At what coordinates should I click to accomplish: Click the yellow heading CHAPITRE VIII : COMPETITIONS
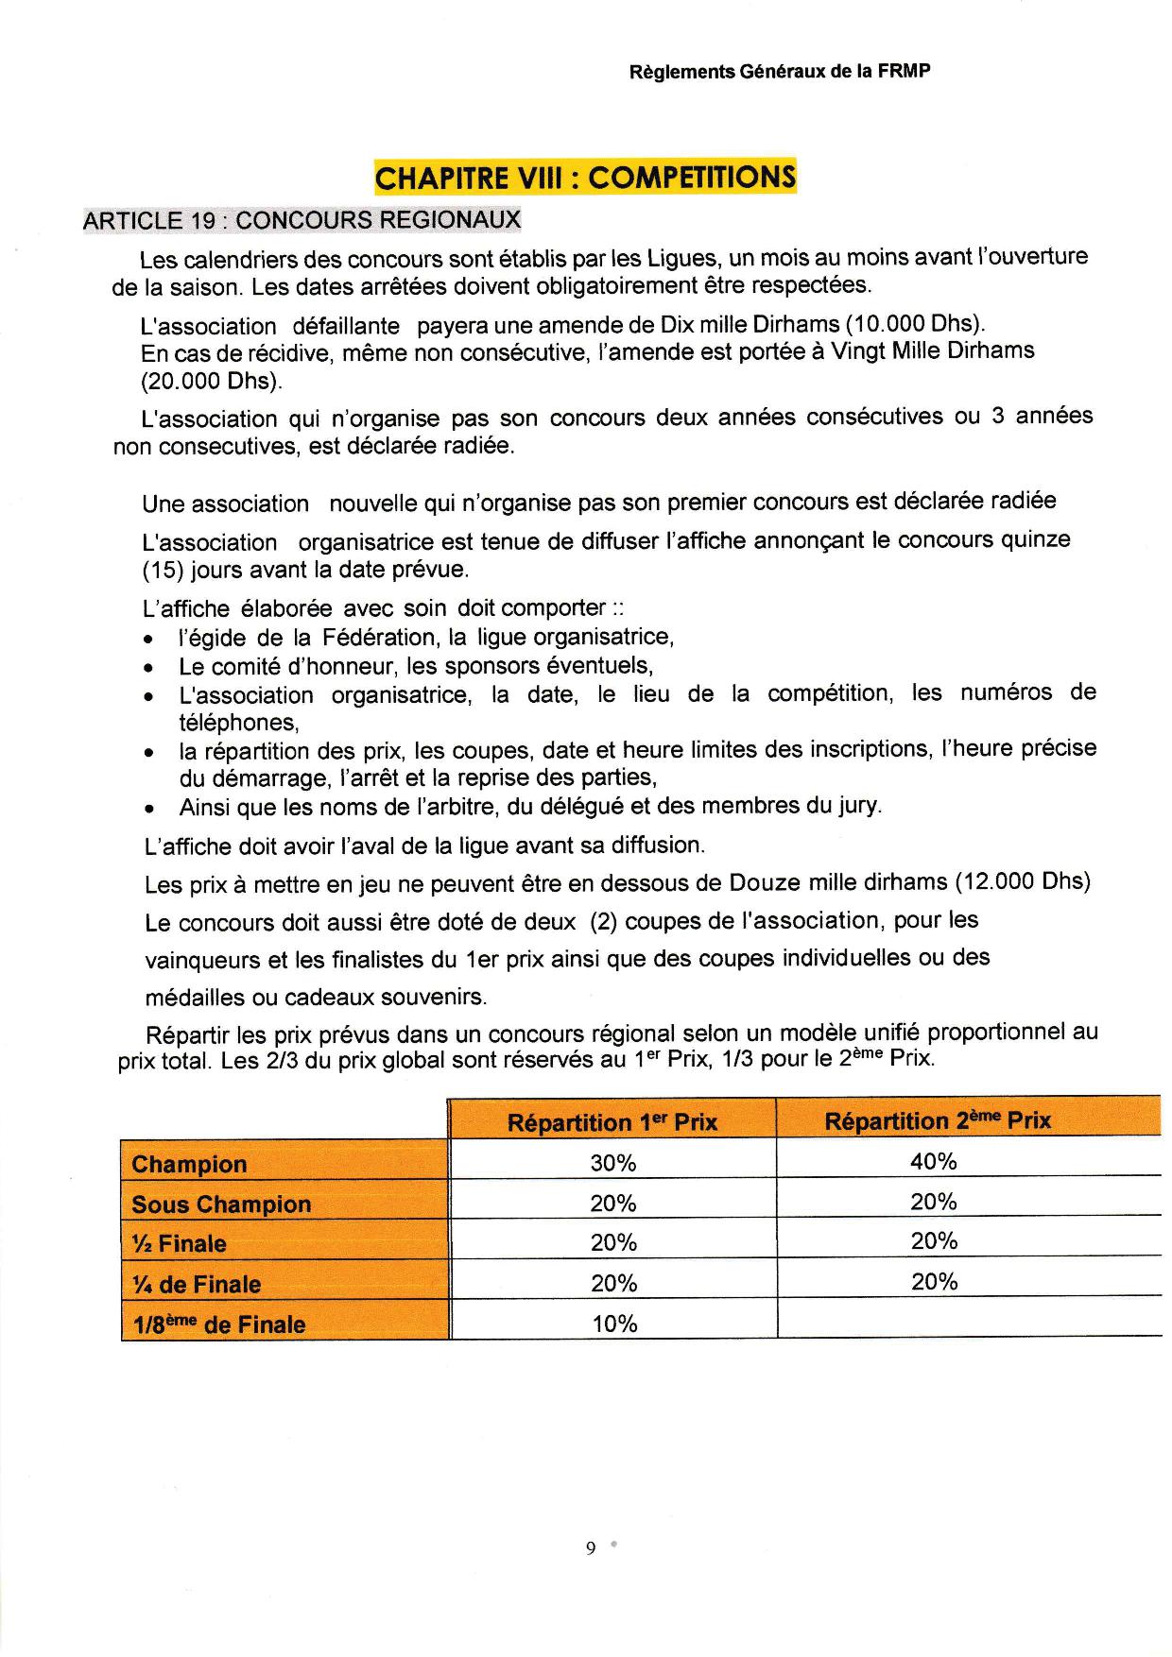(x=585, y=177)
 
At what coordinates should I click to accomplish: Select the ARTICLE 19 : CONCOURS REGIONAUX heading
(x=302, y=220)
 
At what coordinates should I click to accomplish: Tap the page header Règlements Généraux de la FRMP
(x=780, y=71)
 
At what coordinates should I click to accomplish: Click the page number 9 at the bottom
(x=591, y=1547)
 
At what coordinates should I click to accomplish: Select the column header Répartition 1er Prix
(x=612, y=1122)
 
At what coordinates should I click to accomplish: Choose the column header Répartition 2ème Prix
(x=937, y=1120)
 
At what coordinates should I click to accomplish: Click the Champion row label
(x=189, y=1164)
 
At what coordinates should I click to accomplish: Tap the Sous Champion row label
(x=221, y=1204)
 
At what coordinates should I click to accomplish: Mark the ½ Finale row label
(x=180, y=1244)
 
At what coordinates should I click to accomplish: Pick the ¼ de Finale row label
(x=196, y=1285)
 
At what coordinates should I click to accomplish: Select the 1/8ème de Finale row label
(x=218, y=1324)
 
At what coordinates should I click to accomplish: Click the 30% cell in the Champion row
(x=613, y=1164)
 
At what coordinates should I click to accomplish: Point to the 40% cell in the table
(x=934, y=1162)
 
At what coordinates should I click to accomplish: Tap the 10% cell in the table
(x=614, y=1324)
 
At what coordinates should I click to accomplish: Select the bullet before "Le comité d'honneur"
(x=149, y=668)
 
